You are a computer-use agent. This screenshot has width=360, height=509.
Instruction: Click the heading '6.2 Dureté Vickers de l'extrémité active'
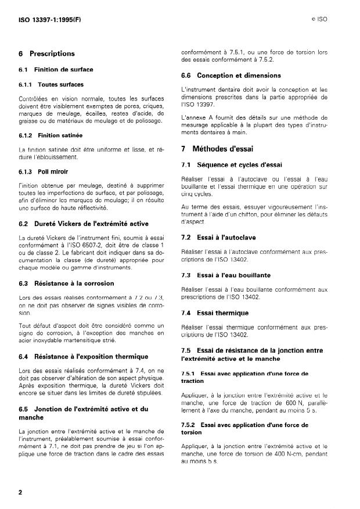tap(84, 223)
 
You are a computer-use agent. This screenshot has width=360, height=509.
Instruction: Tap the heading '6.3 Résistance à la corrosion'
tap(66, 283)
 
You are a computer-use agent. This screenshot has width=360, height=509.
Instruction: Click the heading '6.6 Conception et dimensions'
tap(231, 76)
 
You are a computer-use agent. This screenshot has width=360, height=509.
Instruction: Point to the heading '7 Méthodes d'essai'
tap(223, 149)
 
